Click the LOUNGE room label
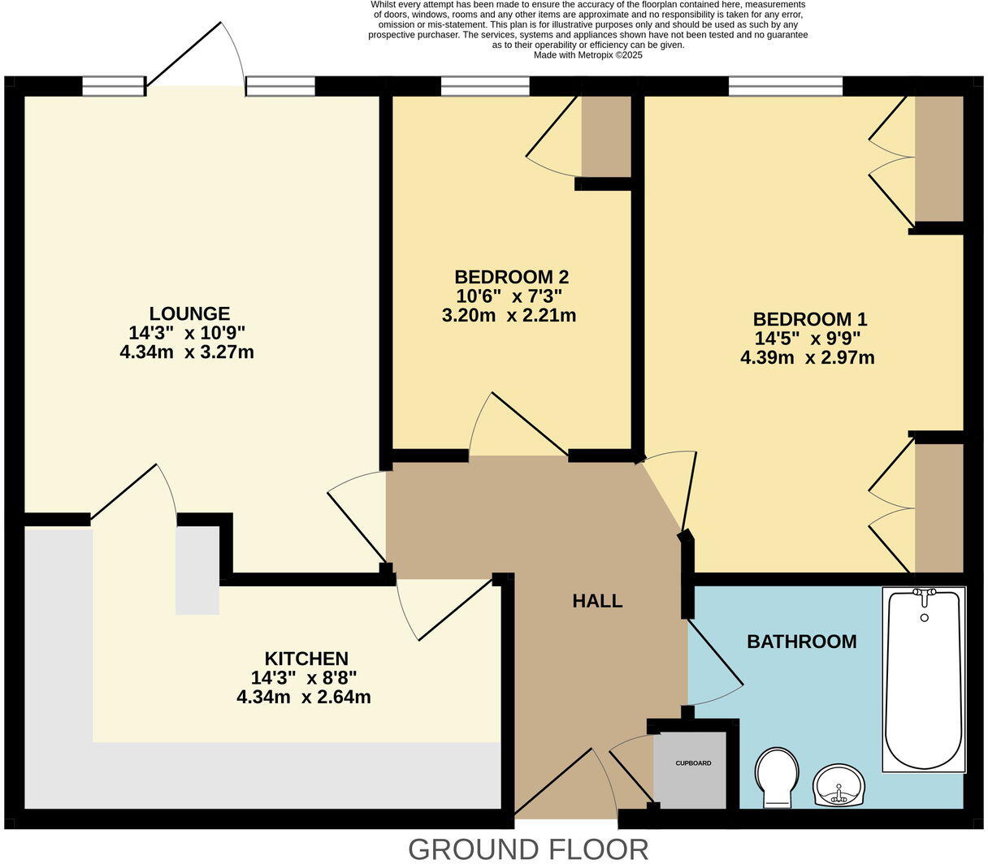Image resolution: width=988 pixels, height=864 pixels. (189, 313)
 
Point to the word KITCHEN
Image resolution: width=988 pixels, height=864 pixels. (306, 659)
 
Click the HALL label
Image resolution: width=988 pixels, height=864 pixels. (597, 601)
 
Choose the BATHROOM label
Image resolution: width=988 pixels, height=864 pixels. (801, 642)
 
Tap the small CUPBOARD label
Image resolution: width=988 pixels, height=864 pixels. (693, 763)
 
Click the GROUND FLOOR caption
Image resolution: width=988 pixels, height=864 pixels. (527, 849)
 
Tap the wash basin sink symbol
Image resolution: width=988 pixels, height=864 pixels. (839, 784)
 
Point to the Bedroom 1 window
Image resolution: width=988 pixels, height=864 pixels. (785, 85)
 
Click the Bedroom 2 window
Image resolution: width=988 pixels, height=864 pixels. (485, 85)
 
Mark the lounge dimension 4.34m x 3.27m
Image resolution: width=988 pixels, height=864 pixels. (187, 352)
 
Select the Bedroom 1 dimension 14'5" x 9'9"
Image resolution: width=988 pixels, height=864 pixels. (807, 338)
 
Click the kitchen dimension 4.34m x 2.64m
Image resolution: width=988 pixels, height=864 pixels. (304, 697)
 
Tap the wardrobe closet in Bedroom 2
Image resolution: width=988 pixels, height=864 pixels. (606, 136)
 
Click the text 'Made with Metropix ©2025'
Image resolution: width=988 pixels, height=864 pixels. (587, 55)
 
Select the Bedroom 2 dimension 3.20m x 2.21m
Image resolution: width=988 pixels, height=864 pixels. (509, 315)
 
